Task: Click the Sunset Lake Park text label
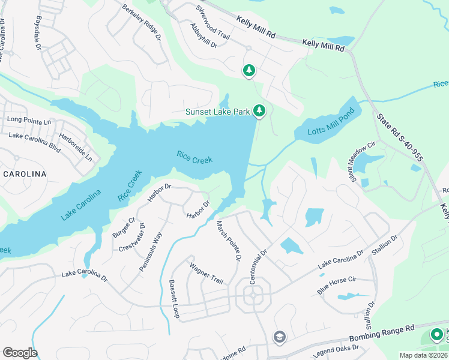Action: pyautogui.click(x=217, y=112)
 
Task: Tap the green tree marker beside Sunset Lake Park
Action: pyautogui.click(x=259, y=110)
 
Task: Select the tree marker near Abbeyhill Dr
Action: pyautogui.click(x=249, y=71)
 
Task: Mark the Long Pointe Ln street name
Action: pyautogui.click(x=29, y=121)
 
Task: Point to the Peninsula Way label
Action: pyautogui.click(x=151, y=252)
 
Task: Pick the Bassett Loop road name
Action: pyautogui.click(x=174, y=299)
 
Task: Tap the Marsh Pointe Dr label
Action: pyautogui.click(x=228, y=241)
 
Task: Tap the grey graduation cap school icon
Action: pyautogui.click(x=279, y=337)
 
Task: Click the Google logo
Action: pyautogui.click(x=20, y=353)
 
